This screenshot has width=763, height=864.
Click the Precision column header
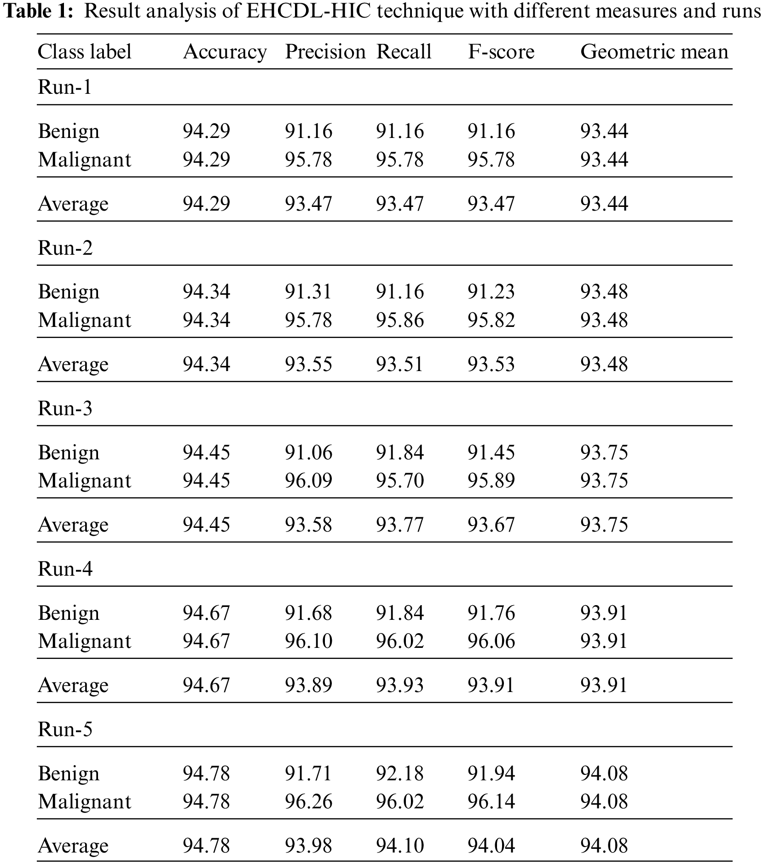click(x=325, y=51)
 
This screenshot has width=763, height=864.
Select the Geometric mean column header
click(x=654, y=51)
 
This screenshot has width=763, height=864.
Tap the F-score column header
click(x=501, y=51)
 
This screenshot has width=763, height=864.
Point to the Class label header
click(x=85, y=51)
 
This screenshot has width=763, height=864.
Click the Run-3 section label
click(x=65, y=408)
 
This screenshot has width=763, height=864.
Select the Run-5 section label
click(x=65, y=729)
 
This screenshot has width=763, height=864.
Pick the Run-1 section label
click(x=65, y=86)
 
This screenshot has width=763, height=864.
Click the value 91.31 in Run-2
click(x=308, y=292)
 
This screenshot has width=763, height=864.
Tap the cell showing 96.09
click(x=308, y=481)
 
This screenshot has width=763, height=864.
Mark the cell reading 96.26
click(x=308, y=801)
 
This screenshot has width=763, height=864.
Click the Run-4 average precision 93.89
click(x=308, y=685)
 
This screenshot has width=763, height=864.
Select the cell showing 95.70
click(x=400, y=481)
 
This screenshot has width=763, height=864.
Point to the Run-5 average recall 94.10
click(x=400, y=846)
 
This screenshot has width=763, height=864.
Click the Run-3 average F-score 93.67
click(x=491, y=525)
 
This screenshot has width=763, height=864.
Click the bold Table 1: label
click(x=39, y=11)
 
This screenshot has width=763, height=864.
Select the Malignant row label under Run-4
click(x=85, y=641)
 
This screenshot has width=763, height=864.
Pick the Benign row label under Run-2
click(x=69, y=292)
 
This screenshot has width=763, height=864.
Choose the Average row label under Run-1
click(x=73, y=204)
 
